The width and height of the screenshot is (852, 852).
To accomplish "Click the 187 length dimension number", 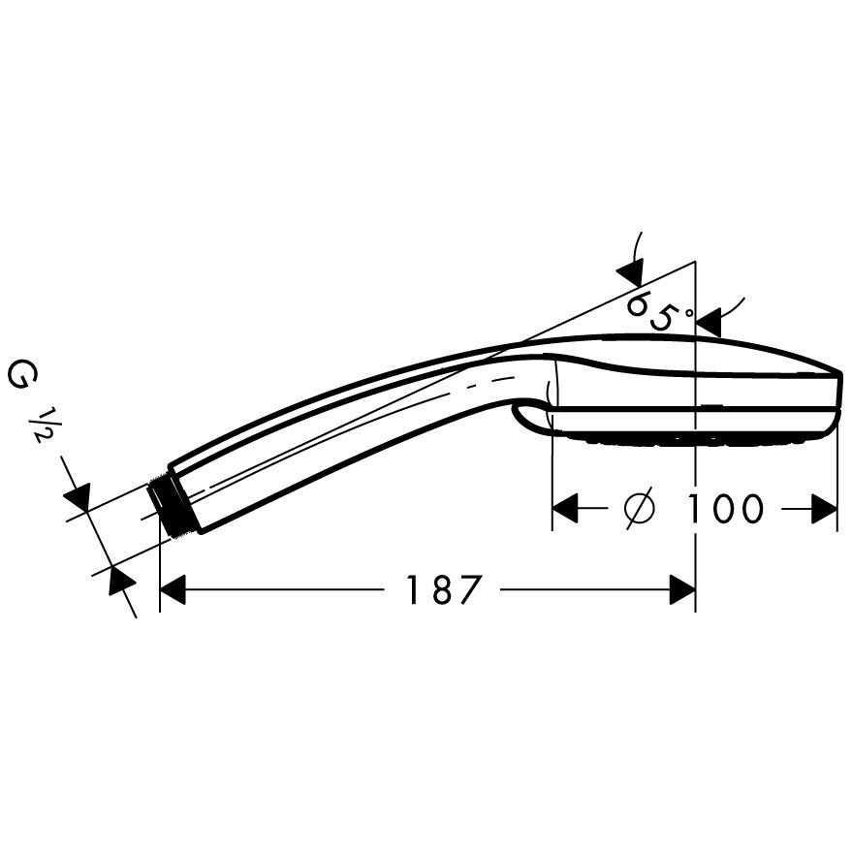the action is (444, 589).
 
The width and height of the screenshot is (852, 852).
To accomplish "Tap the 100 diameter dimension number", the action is (725, 509).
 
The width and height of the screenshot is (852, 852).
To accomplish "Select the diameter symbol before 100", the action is (640, 509).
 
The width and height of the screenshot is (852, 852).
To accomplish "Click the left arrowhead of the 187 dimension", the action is (174, 589).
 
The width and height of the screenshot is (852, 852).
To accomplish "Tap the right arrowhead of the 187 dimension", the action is (682, 589).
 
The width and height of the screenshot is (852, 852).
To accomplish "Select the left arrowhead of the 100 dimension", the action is (564, 509).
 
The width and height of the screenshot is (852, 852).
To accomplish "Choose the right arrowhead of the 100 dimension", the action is (825, 509).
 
